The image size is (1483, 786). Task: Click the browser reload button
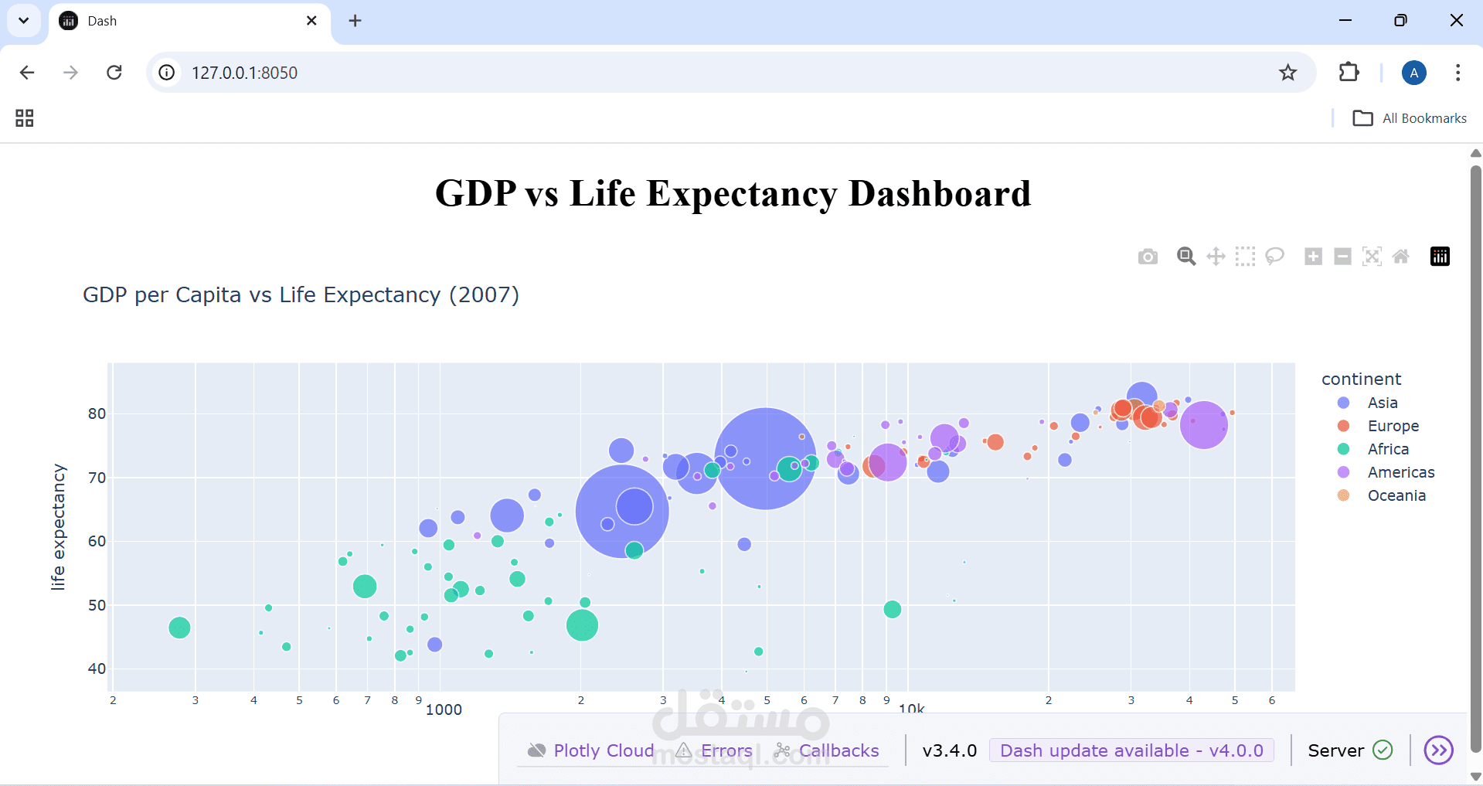114,73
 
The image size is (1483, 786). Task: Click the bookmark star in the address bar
1287,73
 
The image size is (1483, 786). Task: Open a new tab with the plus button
355,21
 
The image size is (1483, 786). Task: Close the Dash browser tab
311,21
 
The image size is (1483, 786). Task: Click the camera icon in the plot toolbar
1148,257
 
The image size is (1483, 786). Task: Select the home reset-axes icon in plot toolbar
1400,257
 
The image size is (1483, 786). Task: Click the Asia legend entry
1382,403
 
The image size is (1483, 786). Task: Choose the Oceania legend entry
1396,495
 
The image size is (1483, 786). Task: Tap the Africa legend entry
1387,449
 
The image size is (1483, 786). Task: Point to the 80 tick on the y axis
97,413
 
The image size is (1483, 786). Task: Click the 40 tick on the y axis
97,669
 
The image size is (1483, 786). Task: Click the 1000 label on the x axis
444,709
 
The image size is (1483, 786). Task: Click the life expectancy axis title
58,527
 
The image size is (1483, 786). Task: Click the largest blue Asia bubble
765,458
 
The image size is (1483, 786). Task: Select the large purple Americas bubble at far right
1203,424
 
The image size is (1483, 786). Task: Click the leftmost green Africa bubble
179,628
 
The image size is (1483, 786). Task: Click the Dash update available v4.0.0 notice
1131,750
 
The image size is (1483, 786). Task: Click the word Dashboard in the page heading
940,193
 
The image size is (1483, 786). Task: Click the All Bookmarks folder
1410,118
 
